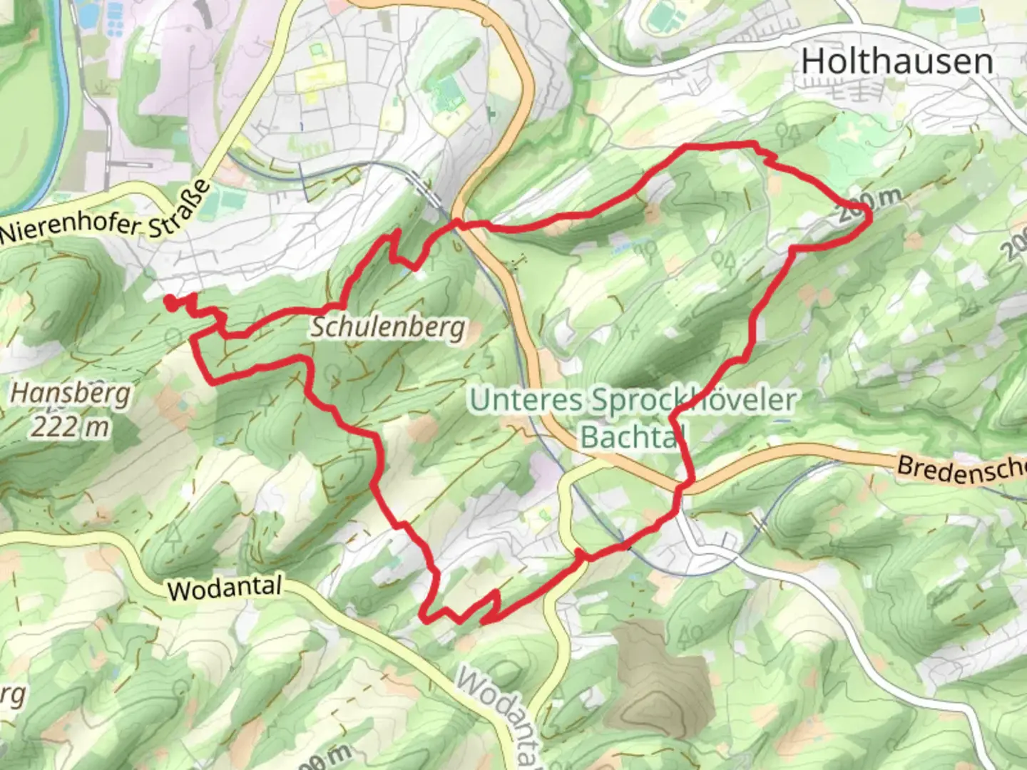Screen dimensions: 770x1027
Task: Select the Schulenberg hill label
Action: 388,328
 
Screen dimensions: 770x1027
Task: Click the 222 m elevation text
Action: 70,426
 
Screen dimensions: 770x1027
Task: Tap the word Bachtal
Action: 628,436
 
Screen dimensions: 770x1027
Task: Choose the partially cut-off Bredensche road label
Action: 959,470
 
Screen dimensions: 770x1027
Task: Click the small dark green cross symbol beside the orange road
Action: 491,113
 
